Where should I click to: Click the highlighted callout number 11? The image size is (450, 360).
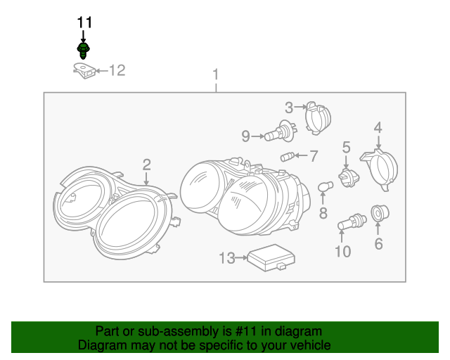click(84, 22)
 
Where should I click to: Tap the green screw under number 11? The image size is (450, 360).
click(84, 50)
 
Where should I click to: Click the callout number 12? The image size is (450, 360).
click(116, 70)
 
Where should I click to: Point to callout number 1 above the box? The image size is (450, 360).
click(216, 75)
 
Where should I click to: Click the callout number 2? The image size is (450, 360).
click(146, 165)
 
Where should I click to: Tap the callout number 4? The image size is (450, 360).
click(378, 127)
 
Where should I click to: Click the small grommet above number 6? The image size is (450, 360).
click(378, 212)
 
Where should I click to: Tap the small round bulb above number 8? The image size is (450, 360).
click(324, 188)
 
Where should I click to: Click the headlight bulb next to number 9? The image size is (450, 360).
click(281, 133)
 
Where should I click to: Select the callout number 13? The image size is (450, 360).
click(226, 259)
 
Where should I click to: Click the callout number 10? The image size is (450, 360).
click(342, 251)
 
